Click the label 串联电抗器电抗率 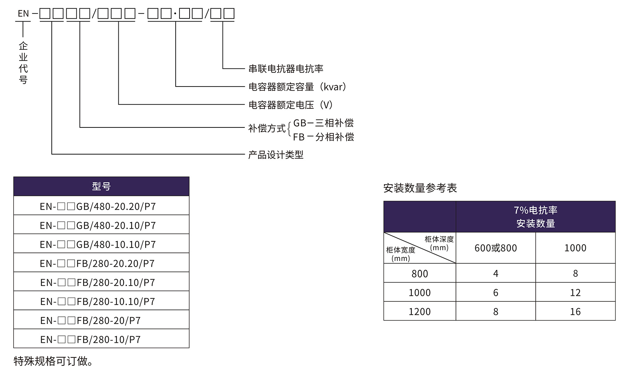click(x=286, y=69)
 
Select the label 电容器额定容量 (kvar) click(x=298, y=87)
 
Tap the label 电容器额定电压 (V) click(x=291, y=105)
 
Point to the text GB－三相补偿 click(x=323, y=123)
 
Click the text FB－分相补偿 click(x=323, y=137)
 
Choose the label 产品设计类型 click(x=276, y=155)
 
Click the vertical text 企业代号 click(x=23, y=63)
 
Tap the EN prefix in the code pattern click(x=23, y=14)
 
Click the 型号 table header click(x=101, y=186)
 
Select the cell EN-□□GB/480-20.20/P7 click(x=98, y=206)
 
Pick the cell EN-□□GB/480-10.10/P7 click(x=98, y=244)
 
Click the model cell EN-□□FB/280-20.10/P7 click(x=98, y=282)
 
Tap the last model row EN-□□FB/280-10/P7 click(x=91, y=339)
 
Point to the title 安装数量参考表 click(x=420, y=188)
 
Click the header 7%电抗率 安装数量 click(x=535, y=217)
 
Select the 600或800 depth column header click(x=495, y=248)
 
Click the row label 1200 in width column click(x=419, y=312)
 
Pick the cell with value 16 click(x=575, y=312)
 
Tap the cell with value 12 click(x=575, y=292)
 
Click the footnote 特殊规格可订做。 click(x=53, y=361)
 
